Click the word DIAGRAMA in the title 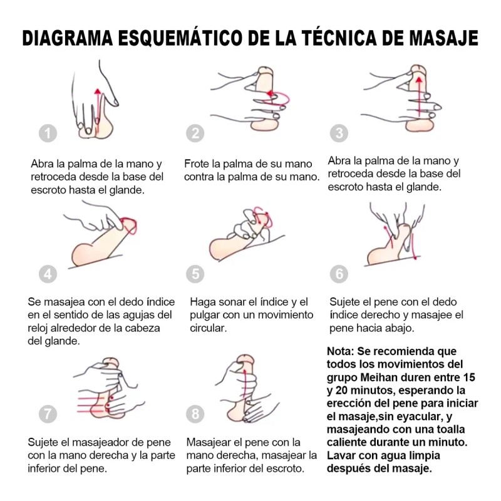[68, 38]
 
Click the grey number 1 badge [48, 133]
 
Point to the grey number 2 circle [195, 133]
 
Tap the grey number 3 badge [339, 133]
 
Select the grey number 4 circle [48, 274]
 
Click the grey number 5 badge [195, 274]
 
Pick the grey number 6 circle [339, 274]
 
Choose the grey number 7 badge [48, 414]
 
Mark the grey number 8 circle [195, 414]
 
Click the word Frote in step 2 [196, 163]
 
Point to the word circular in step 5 [208, 328]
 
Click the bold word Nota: [340, 351]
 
